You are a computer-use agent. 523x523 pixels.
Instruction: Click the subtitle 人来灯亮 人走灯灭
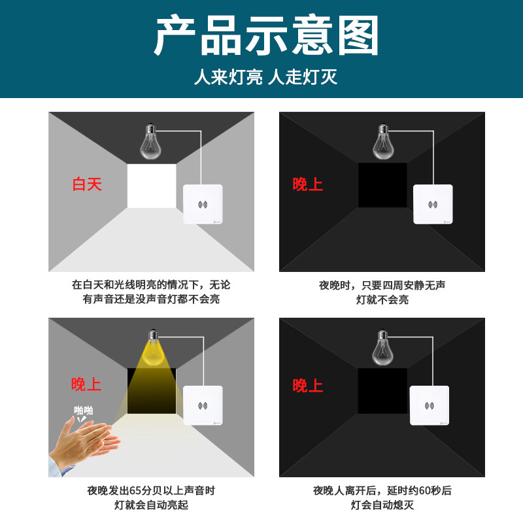click(x=265, y=77)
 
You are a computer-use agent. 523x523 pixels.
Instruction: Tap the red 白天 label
click(x=87, y=184)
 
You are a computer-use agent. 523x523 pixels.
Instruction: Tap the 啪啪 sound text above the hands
click(x=83, y=411)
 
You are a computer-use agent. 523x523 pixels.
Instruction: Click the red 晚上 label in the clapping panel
click(x=86, y=384)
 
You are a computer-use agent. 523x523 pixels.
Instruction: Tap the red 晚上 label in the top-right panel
click(x=307, y=184)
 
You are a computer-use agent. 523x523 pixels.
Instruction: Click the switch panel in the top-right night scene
click(x=433, y=205)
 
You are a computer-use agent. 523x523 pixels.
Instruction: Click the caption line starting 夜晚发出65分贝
click(x=150, y=490)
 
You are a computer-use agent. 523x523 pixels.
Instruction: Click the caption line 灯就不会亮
click(x=382, y=300)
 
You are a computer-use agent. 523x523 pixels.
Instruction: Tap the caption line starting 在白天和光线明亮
click(x=150, y=285)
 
